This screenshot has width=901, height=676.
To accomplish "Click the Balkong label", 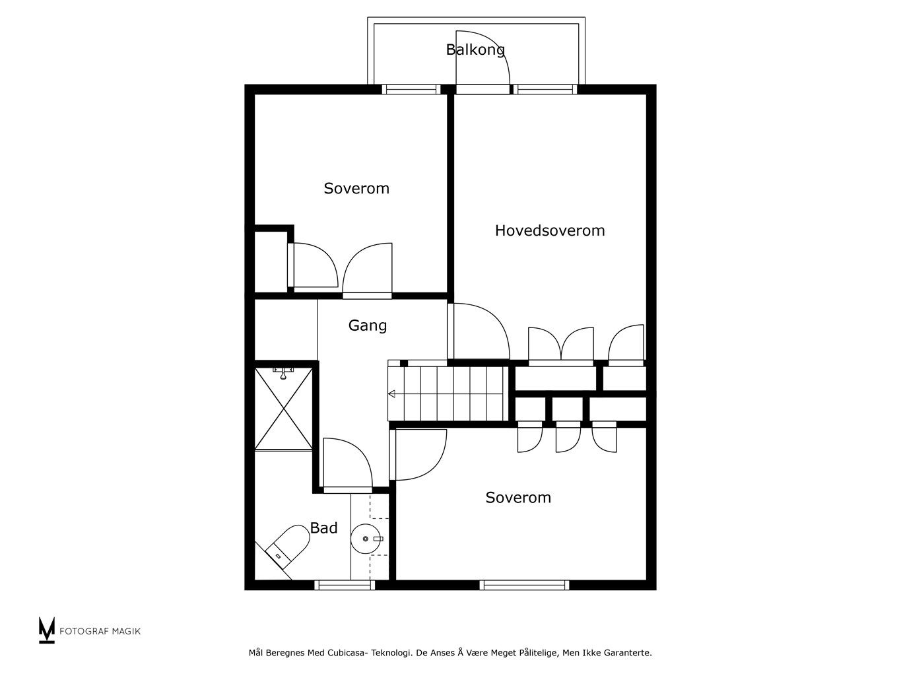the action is [475, 50].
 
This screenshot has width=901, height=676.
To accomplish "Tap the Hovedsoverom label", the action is [550, 230].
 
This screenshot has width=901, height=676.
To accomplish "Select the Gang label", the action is [368, 326].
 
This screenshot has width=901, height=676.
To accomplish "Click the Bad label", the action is [324, 528].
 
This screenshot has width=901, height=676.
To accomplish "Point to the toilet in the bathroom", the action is [287, 543].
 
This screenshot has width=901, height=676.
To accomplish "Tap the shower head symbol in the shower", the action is [283, 373].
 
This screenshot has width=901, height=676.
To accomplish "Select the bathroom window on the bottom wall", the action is [345, 585].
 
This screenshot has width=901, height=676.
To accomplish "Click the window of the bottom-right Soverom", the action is [524, 585].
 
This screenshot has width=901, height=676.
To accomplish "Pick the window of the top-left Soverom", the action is [411, 90].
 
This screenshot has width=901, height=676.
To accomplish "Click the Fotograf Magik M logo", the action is [46, 630].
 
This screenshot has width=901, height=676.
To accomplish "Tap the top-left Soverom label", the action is [356, 188].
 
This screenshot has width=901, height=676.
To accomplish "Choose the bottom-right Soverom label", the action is [518, 498].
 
